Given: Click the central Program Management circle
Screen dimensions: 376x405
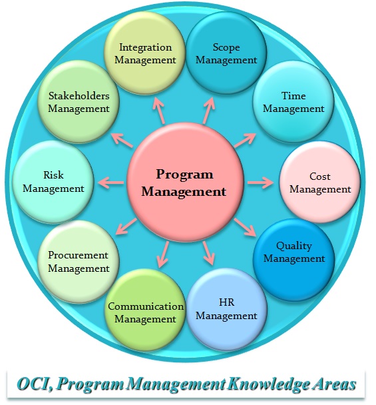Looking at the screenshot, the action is click(185, 183).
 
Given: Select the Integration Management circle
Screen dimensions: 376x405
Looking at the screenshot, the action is click(145, 53).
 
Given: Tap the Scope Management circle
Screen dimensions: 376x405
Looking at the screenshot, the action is click(226, 53).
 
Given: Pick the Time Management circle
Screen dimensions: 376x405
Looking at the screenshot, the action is click(293, 102).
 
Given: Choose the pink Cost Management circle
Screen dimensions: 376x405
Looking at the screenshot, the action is click(319, 183).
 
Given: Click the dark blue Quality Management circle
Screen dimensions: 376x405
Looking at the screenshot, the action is click(294, 260).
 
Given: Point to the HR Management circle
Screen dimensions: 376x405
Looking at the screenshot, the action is click(226, 310).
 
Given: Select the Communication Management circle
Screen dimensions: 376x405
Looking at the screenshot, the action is click(145, 310).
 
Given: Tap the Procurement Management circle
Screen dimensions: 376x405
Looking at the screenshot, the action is click(79, 262).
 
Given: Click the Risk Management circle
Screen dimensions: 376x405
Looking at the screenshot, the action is click(53, 182).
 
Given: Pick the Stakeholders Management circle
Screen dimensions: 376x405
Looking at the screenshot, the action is click(79, 102).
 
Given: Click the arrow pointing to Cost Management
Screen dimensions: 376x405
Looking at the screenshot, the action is click(260, 183).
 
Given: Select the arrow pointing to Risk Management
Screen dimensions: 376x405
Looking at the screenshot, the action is click(110, 183).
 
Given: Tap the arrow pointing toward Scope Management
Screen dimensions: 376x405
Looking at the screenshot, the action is click(209, 111).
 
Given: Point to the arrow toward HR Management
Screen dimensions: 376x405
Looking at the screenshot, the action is click(208, 253).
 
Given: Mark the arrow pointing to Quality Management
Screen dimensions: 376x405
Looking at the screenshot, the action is click(245, 227).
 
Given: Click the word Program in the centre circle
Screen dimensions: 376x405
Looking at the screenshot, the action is click(185, 175).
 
